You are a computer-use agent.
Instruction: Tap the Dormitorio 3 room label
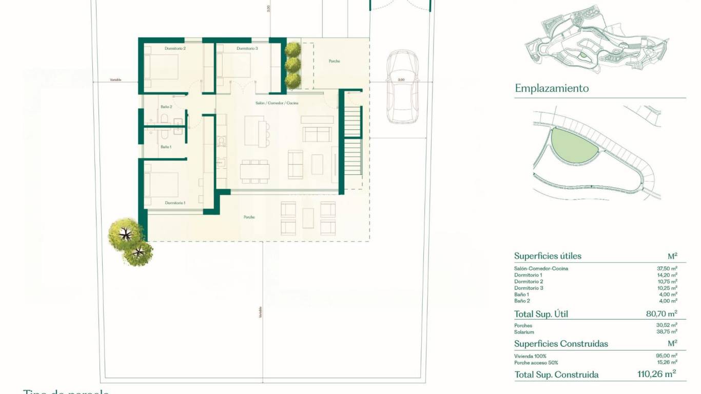(247, 48)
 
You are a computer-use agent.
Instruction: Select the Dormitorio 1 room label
(175, 203)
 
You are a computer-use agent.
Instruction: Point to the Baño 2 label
(166, 107)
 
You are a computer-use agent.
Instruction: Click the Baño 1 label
(166, 147)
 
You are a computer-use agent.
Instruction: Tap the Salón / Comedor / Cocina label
(277, 103)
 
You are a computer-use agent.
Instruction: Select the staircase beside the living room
(353, 139)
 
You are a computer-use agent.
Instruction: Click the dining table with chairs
(255, 170)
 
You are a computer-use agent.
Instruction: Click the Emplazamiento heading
(552, 88)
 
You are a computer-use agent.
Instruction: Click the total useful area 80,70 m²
(661, 313)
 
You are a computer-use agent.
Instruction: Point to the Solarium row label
(524, 332)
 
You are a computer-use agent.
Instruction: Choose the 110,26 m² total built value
(656, 374)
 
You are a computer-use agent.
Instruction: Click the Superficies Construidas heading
(561, 344)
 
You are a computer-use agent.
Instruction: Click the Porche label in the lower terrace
(249, 217)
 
